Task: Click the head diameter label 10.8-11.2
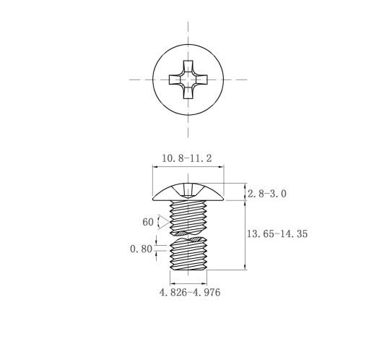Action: pyautogui.click(x=187, y=158)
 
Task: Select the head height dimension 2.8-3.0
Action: pyautogui.click(x=267, y=194)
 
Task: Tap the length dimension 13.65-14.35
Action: pyautogui.click(x=277, y=233)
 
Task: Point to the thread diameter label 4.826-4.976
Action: pyautogui.click(x=190, y=292)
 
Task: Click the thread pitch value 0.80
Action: pyautogui.click(x=141, y=249)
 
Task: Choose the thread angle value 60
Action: pyautogui.click(x=148, y=222)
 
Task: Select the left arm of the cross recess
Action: pyautogui.click(x=174, y=80)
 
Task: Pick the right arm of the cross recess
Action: pyautogui.click(x=201, y=80)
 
